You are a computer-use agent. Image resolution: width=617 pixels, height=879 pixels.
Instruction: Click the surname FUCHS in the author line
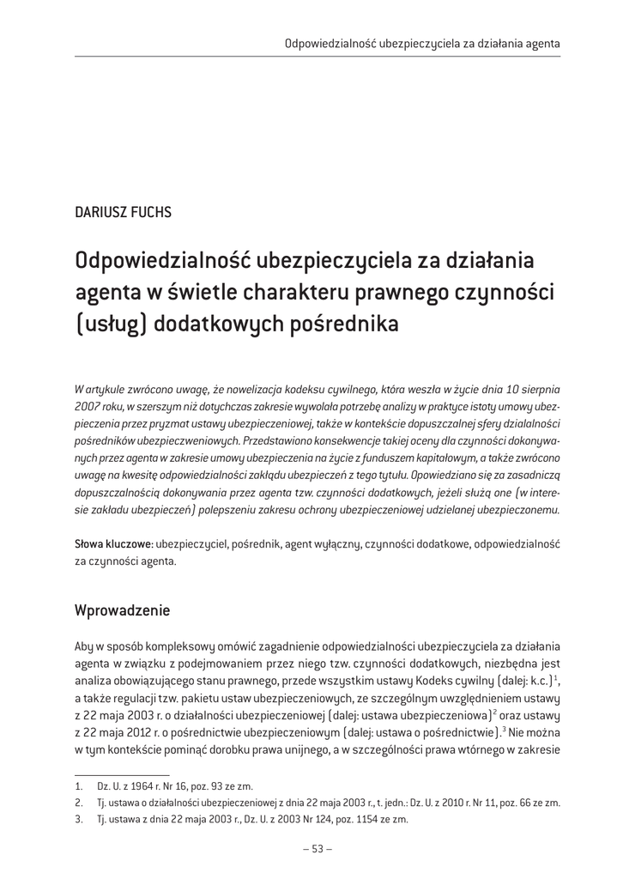pos(152,213)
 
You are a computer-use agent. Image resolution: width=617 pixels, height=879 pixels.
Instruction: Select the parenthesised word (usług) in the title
pos(110,324)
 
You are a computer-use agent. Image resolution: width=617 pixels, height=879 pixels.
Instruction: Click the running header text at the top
pos(423,42)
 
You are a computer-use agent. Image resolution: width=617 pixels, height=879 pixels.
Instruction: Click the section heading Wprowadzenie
pos(123,610)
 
